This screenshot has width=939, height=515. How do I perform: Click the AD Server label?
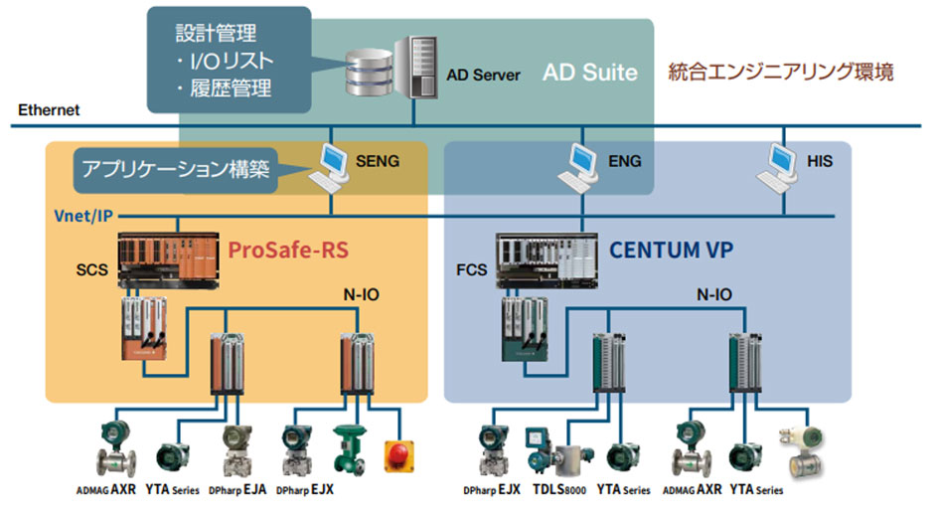483,75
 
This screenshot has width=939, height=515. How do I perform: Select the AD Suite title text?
589,73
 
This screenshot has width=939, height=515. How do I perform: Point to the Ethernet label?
49,110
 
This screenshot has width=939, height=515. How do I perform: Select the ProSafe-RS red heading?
288,249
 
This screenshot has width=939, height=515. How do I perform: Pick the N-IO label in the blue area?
714,294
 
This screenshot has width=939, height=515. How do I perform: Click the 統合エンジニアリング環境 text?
781,73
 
